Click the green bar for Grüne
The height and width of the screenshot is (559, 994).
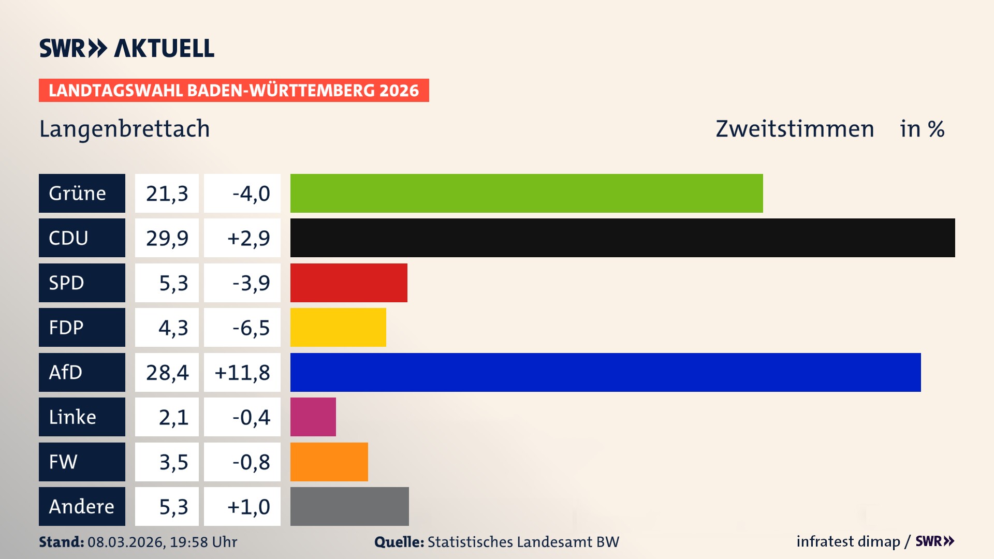526,193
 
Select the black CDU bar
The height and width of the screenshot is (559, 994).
622,238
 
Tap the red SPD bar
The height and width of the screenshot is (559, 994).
348,283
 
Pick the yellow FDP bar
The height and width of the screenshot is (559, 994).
338,327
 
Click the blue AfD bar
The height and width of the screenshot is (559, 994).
605,372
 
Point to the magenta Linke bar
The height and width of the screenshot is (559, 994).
313,417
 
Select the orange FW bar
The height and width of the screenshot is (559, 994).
329,462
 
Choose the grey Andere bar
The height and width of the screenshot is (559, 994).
349,506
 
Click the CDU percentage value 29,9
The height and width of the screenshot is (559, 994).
167,238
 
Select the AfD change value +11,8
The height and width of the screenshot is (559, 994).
242,372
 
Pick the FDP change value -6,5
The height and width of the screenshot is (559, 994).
251,327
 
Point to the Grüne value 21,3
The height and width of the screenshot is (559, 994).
167,193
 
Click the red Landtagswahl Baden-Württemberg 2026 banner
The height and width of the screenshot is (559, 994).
233,90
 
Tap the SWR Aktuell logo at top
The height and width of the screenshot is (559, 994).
127,48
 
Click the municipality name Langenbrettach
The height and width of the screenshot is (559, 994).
125,129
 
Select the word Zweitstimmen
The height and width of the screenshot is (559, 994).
795,129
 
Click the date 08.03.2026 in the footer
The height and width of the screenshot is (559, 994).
126,542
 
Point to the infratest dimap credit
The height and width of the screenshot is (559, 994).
848,541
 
